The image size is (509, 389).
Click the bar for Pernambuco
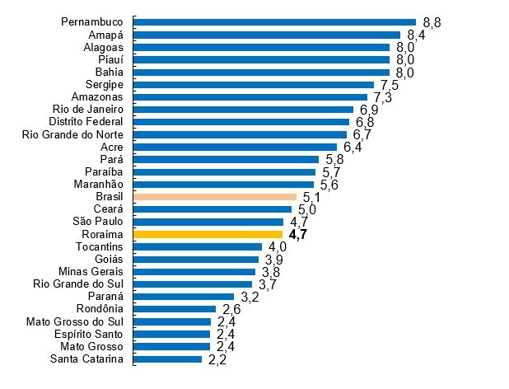pos(274,22)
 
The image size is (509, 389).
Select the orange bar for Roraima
pos(208,235)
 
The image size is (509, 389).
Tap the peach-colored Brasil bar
pos(215,197)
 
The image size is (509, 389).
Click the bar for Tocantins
pos(198,247)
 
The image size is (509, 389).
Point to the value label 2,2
pos(217,360)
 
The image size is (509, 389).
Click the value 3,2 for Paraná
pos(249,298)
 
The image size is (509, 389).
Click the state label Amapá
pos(106,35)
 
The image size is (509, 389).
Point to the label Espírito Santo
pos(86,334)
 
